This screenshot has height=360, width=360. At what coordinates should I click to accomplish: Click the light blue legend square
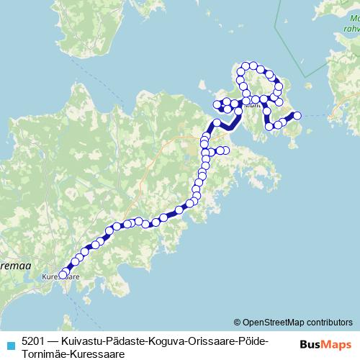tap(9, 341)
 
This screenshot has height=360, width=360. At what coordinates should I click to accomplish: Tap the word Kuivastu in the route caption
tap(85, 340)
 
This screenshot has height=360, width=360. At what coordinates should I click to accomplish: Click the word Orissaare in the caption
tap(212, 340)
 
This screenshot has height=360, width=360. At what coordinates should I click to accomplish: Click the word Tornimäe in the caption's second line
tap(44, 353)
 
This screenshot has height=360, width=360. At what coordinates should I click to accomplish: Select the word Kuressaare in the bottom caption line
tap(94, 353)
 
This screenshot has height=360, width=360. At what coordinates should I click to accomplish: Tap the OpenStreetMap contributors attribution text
tap(297, 322)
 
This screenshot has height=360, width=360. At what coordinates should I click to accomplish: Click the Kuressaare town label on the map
tap(61, 276)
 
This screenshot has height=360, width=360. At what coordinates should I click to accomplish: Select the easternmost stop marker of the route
tap(296, 115)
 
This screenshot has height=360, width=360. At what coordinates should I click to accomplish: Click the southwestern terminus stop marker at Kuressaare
tap(63, 274)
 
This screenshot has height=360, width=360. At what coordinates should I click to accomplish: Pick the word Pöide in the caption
tap(253, 340)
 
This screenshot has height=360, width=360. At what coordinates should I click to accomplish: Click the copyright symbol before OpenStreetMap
tap(238, 322)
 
